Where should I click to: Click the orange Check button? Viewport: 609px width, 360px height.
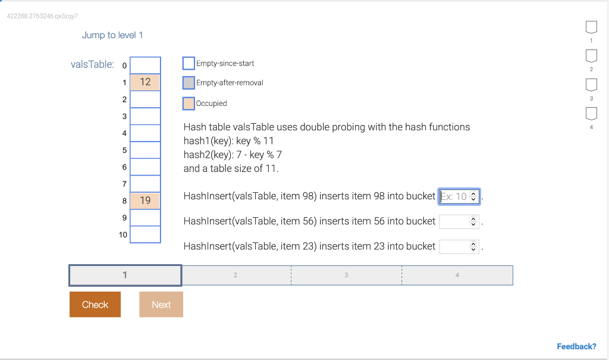95,304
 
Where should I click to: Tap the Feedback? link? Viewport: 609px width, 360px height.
576,346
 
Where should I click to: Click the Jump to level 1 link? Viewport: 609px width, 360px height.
112,35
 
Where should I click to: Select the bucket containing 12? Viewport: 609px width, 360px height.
145,82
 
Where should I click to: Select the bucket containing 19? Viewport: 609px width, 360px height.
145,201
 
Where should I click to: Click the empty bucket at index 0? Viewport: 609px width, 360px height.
145,65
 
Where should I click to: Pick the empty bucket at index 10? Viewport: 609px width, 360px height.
145,234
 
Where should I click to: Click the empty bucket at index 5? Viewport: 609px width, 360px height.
145,150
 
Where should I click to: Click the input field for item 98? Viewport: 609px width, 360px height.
459,196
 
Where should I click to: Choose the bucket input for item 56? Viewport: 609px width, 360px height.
459,221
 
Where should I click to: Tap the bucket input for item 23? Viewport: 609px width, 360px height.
459,246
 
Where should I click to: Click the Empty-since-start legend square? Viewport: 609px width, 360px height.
189,63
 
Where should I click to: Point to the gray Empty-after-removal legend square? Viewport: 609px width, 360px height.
189,83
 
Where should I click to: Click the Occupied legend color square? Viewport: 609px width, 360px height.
189,103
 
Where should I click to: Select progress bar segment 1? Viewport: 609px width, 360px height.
125,275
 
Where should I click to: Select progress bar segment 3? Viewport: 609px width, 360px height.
346,275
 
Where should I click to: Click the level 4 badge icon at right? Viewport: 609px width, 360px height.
591,114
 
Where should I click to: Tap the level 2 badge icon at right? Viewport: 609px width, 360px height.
591,56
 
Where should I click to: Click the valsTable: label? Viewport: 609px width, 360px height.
92,64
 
